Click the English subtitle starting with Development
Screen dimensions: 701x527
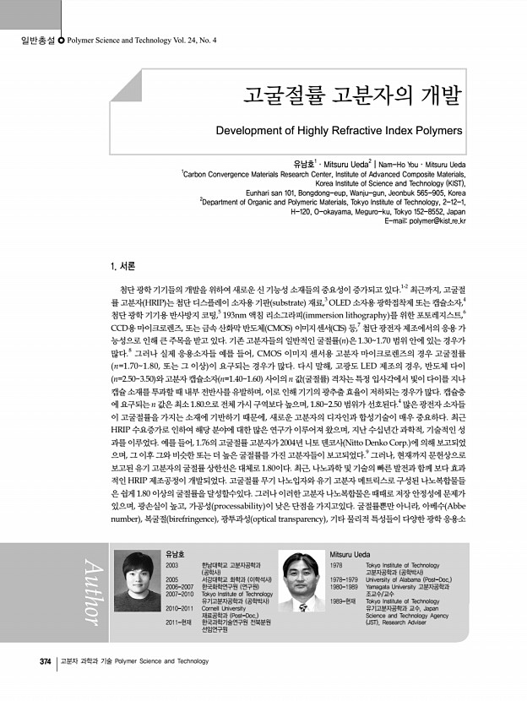(341, 131)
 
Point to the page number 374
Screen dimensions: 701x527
(46, 660)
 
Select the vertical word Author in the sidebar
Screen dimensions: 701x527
(92, 590)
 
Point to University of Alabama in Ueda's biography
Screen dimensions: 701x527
(405, 579)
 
